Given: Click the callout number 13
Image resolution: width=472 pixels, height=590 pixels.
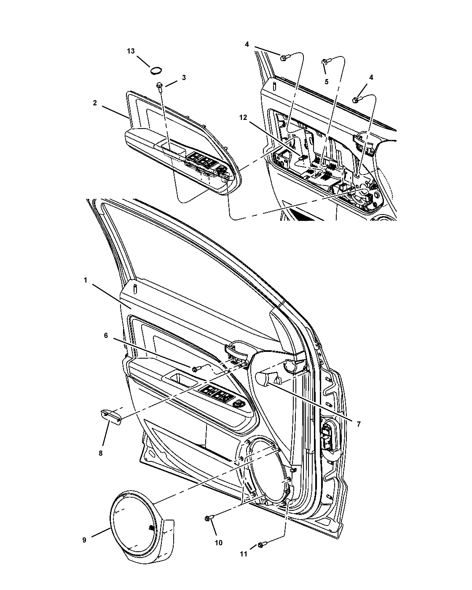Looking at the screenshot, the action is click(131, 51).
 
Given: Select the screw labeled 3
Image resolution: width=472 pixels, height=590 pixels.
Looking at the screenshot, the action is click(159, 85).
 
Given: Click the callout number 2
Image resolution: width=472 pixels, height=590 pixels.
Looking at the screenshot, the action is click(95, 103).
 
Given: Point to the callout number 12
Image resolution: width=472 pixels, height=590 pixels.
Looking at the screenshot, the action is click(243, 118).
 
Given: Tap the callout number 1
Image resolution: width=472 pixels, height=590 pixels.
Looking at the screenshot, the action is click(85, 280).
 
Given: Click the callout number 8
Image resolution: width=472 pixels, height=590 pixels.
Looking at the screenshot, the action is click(101, 453).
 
